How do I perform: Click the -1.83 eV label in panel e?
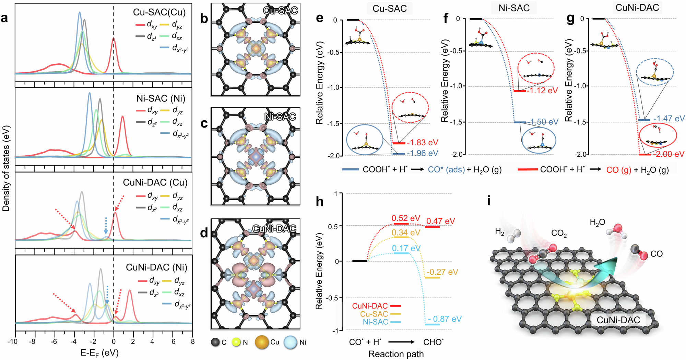tap(423, 143)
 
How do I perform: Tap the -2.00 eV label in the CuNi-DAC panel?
tap(668, 154)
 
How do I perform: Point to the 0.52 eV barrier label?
tap(406, 218)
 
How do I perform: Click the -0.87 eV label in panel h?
tap(445, 319)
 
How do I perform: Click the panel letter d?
tap(204, 233)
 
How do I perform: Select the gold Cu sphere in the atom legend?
tap(262, 342)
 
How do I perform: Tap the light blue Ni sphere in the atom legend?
tap(290, 342)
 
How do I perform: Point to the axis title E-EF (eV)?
tap(99, 353)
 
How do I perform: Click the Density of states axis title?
tap(6, 168)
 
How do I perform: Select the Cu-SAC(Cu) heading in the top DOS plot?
tap(159, 12)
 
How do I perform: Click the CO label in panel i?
tap(656, 254)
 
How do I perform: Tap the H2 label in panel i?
tap(499, 232)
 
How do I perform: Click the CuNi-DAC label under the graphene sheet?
tap(618, 320)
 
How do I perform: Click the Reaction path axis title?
tap(396, 354)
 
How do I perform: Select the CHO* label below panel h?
tap(433, 342)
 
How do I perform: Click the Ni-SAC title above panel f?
tap(514, 8)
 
